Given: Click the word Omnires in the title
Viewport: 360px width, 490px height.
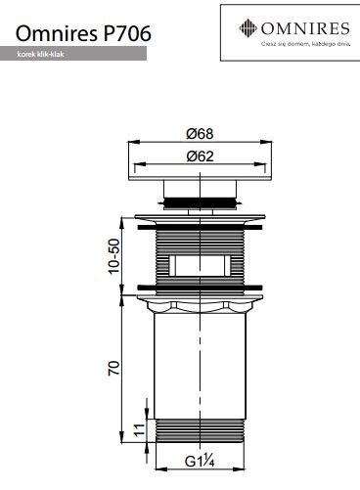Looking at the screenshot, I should [50, 34].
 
